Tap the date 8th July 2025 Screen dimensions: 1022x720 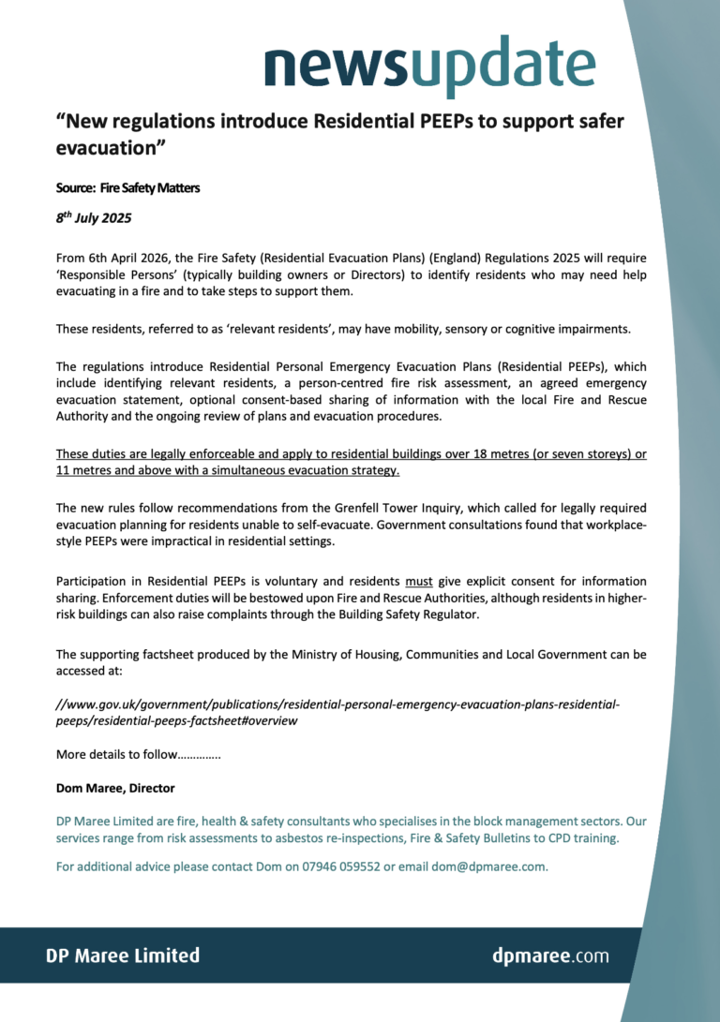pos(93,219)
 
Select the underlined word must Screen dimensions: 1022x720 pos(418,581)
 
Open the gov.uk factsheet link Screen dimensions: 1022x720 pos(337,713)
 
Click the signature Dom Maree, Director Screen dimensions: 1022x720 pos(115,788)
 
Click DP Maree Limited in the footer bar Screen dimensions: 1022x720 pos(123,955)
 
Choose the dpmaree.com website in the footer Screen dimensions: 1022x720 pos(550,955)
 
